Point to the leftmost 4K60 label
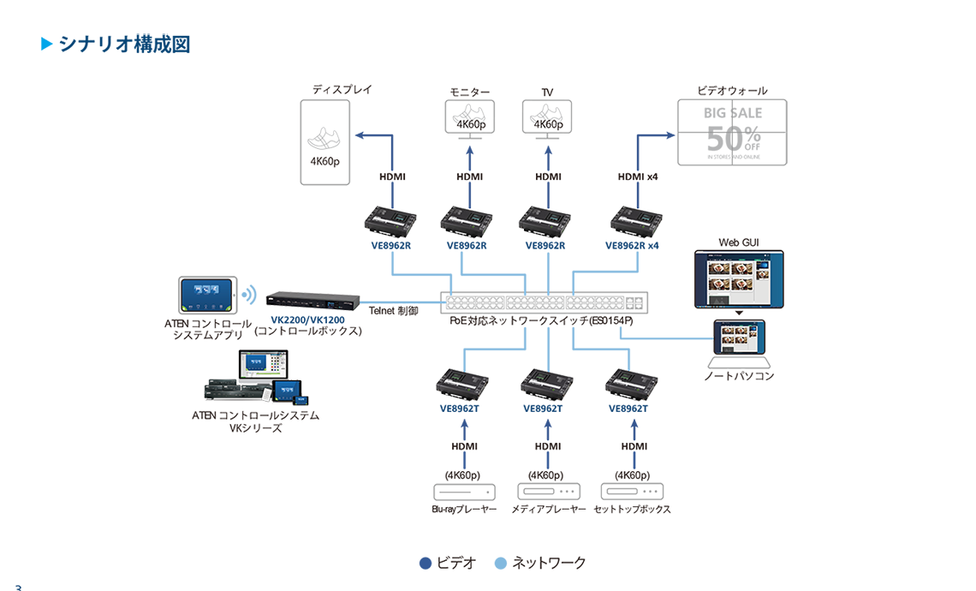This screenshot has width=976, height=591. (467, 125)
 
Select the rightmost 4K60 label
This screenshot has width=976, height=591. (545, 125)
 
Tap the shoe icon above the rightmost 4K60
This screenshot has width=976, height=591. (545, 113)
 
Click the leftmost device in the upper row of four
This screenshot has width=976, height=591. (390, 222)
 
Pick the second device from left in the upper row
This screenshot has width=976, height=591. (467, 222)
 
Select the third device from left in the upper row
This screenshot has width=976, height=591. (545, 222)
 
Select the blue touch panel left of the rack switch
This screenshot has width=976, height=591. (206, 295)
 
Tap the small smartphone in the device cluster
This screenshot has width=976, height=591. (301, 402)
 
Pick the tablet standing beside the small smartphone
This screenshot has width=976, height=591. (283, 394)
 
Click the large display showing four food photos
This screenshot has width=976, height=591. (738, 279)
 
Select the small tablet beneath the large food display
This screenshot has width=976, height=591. (739, 337)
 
